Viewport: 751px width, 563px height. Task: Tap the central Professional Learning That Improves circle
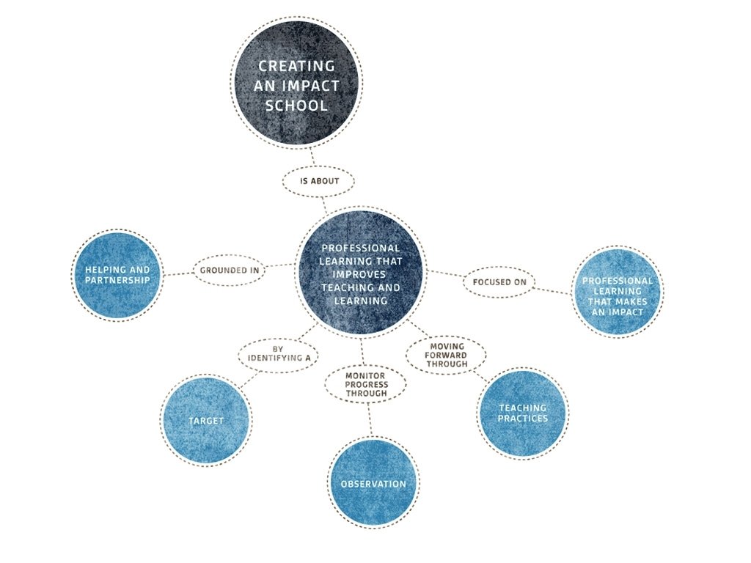[x=360, y=273]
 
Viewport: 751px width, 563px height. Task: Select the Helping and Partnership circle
[x=117, y=275]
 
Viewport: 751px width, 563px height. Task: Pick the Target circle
[x=205, y=421]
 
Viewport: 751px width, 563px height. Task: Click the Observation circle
[x=373, y=484]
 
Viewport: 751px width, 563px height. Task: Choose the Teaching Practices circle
[x=522, y=413]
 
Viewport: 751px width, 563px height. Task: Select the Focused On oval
[x=499, y=281]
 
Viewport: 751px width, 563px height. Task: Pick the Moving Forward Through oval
[x=447, y=355]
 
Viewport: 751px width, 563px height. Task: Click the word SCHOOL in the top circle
[x=296, y=106]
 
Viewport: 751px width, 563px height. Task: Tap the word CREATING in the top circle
[x=296, y=66]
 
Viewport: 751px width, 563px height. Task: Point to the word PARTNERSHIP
[x=117, y=280]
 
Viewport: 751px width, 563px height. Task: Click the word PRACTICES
[x=522, y=419]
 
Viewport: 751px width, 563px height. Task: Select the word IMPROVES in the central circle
[x=348, y=275]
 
